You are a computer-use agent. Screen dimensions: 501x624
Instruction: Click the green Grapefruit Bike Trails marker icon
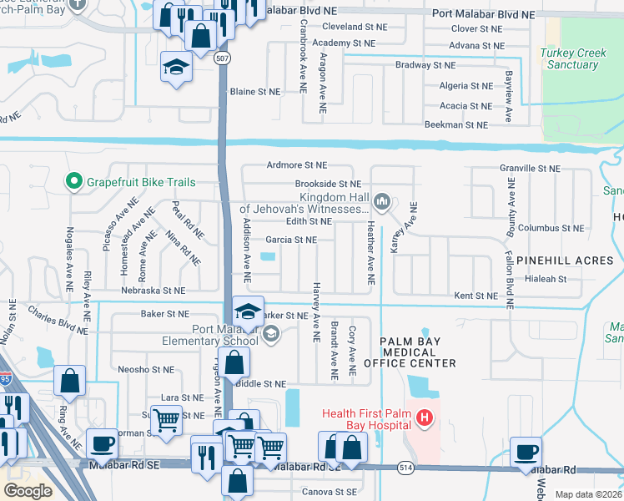(x=73, y=181)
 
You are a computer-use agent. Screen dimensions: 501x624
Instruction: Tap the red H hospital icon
(x=425, y=417)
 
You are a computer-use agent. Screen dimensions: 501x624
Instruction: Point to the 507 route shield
(x=223, y=59)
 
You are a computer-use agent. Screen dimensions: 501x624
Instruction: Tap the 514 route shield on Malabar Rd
(x=406, y=469)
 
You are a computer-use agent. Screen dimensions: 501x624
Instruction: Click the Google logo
(x=28, y=491)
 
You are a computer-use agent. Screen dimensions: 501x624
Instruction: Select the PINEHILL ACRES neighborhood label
(x=564, y=261)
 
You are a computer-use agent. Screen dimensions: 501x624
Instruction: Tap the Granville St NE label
(x=530, y=168)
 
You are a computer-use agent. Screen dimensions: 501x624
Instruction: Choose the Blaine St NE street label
(x=254, y=91)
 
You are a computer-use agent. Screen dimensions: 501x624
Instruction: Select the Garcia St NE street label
(x=291, y=240)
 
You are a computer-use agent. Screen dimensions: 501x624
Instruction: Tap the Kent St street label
(x=476, y=296)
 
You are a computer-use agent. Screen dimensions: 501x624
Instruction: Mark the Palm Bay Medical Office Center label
(x=418, y=352)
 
